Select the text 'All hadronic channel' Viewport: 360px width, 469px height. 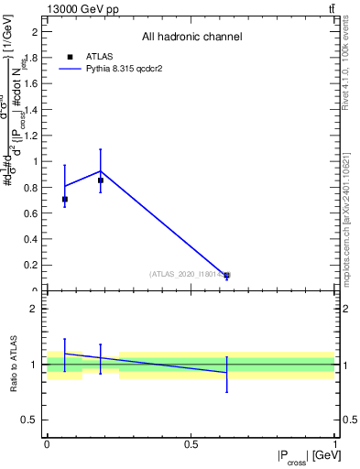tap(191, 37)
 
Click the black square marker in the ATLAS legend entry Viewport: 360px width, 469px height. tap(69, 56)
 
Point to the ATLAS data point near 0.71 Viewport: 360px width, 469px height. tap(64, 199)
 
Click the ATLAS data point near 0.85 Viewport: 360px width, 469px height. tap(101, 180)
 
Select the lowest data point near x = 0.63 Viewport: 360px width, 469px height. tap(227, 275)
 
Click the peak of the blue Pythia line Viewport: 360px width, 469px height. tap(101, 171)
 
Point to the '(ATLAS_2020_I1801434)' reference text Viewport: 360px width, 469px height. tap(188, 274)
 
